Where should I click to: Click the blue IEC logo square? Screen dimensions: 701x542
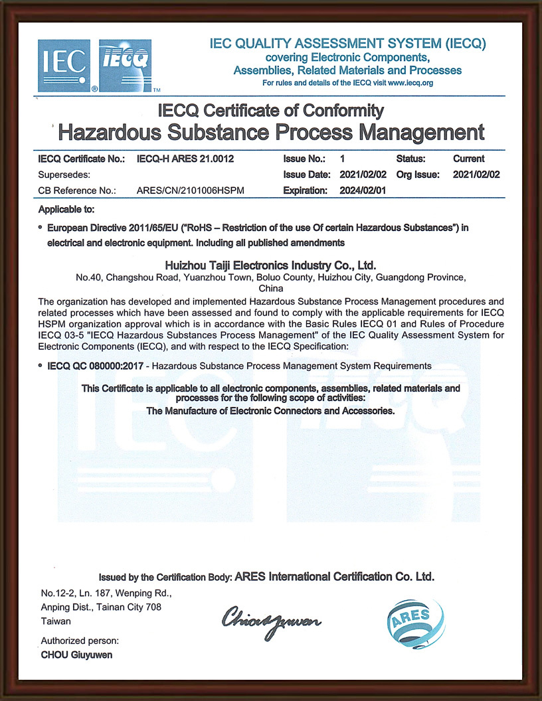point(64,64)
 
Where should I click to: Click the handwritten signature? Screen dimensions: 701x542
point(272,621)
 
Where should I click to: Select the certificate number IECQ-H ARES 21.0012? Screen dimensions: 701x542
point(185,159)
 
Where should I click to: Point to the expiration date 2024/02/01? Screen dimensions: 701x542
point(363,191)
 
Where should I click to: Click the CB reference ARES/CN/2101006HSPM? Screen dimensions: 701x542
point(190,191)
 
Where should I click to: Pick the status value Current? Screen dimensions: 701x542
point(468,159)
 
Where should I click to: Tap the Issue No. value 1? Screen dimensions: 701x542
point(342,159)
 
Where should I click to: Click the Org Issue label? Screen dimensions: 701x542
point(418,175)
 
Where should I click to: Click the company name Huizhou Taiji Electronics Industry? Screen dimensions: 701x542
point(270,265)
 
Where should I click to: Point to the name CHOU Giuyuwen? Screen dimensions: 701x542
point(76,655)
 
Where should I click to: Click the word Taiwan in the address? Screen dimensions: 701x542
point(56,621)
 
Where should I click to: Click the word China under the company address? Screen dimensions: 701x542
point(270,289)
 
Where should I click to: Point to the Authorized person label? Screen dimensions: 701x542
point(80,641)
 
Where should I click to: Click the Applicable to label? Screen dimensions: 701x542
point(66,210)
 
